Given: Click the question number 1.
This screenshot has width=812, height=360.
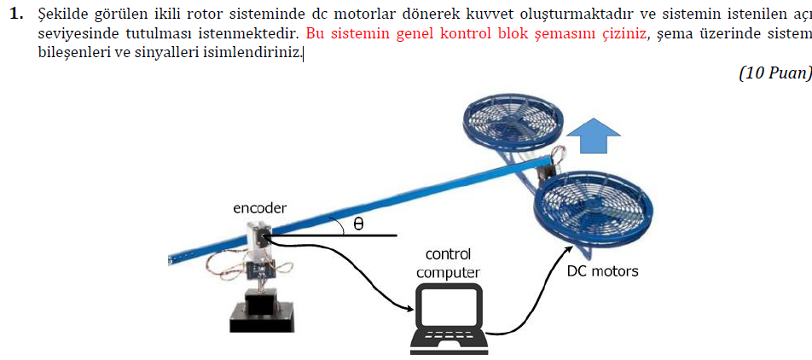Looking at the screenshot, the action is (14, 15).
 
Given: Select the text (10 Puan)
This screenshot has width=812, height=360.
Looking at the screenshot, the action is (774, 73).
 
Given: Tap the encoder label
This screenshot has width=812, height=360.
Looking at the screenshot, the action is (259, 209).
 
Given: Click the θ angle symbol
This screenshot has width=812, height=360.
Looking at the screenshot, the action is (358, 224).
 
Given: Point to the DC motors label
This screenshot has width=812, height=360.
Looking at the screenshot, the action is (602, 271).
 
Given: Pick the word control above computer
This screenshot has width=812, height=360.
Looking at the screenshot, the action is (448, 254).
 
